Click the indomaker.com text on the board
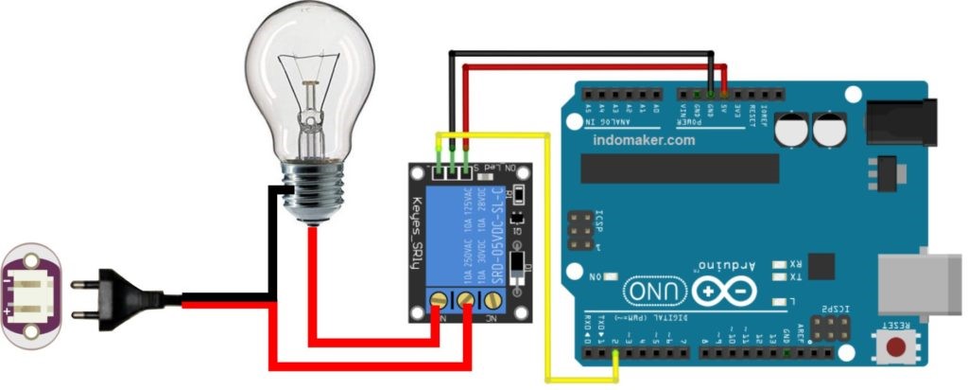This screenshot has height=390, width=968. pyautogui.click(x=644, y=140)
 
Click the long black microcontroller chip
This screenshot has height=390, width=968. pyautogui.click(x=680, y=167)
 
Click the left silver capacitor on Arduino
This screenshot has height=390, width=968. pyautogui.click(x=791, y=130)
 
